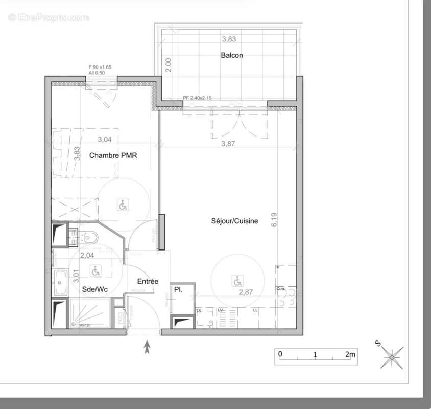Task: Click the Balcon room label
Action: coord(231,55)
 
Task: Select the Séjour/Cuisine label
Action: coord(234,221)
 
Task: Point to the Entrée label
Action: coord(148,281)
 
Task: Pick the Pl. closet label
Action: coord(178,289)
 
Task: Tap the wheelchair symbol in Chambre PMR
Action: coord(123,205)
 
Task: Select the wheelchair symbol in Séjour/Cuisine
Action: coord(237,281)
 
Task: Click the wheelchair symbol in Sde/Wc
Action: coord(95,269)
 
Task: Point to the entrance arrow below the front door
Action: coord(148,348)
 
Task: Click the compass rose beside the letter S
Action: coord(392,357)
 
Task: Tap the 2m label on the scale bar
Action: coord(350,354)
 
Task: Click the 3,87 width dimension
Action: coord(228,144)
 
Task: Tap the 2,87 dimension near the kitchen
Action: coord(247,292)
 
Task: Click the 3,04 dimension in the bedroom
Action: coord(104,139)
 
